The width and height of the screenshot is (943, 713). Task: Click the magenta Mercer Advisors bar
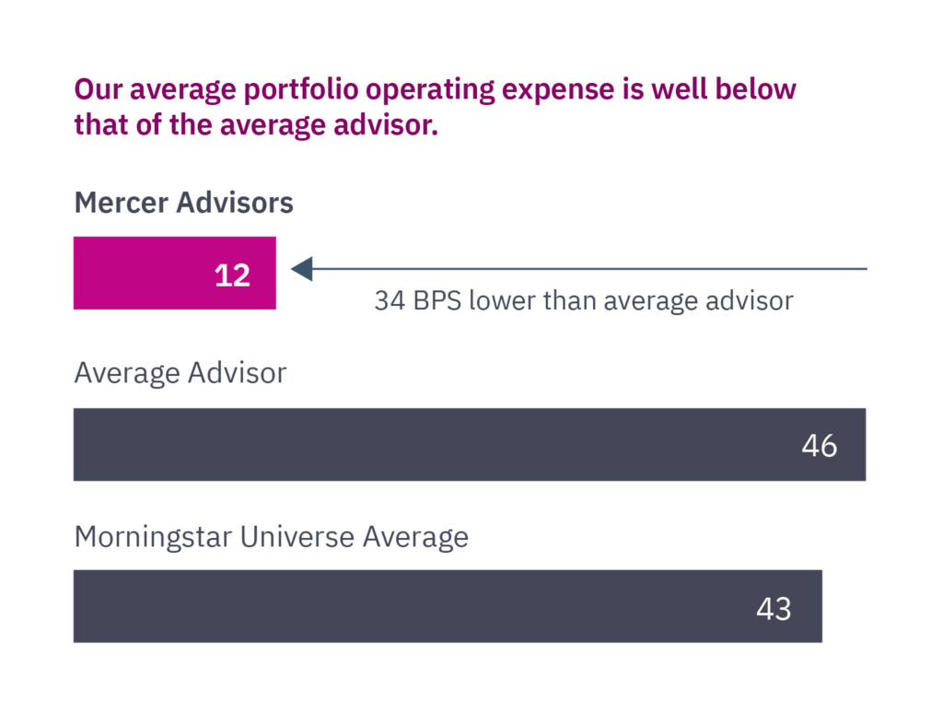tap(147, 273)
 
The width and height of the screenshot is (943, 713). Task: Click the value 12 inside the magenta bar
tap(232, 275)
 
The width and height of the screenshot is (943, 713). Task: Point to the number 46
tap(819, 446)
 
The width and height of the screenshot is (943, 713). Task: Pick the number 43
tap(774, 608)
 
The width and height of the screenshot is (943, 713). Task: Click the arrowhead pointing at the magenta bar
tap(302, 269)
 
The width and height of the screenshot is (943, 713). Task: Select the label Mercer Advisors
tap(183, 203)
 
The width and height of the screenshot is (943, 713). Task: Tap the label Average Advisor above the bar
tap(180, 373)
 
